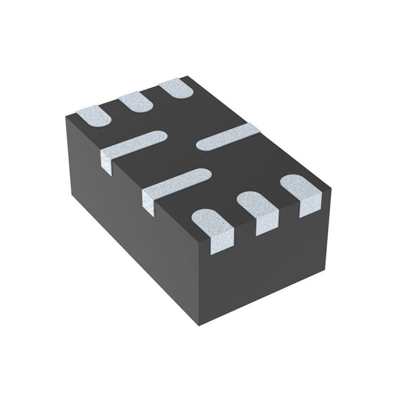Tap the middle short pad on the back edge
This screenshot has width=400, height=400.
(135, 102)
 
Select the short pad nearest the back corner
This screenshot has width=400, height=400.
(176, 89)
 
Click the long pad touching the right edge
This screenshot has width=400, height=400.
(227, 138)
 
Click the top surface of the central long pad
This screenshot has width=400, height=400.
(180, 182)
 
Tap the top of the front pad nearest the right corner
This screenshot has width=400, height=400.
(297, 185)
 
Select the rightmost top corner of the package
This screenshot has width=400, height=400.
(331, 188)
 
